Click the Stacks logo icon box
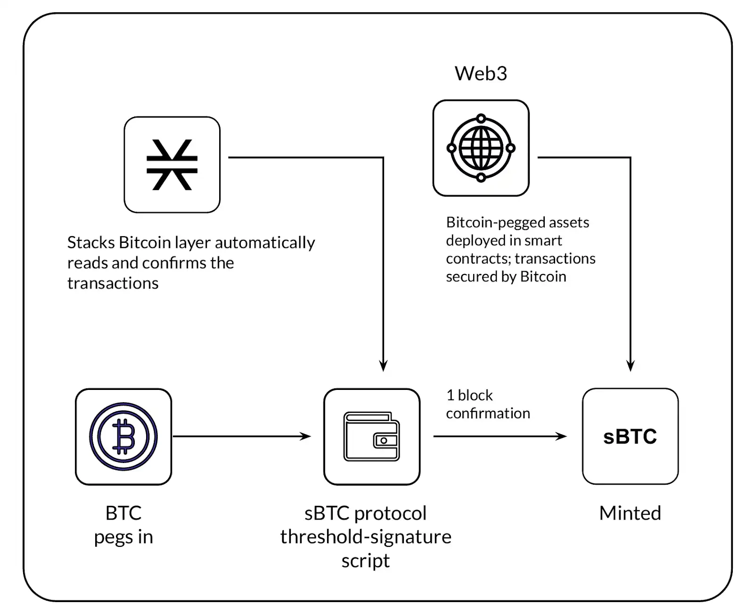(172, 165)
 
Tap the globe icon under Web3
(481, 148)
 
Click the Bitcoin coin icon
(123, 436)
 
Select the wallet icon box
(372, 436)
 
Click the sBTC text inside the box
(630, 437)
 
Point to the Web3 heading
(481, 74)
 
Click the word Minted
(630, 513)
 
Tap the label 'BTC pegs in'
(123, 524)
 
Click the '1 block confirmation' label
(488, 404)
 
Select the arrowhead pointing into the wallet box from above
(383, 365)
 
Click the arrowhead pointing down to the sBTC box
(631, 365)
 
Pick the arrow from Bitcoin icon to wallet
(241, 437)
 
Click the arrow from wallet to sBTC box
(500, 437)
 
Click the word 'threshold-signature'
(366, 537)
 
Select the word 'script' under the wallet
(366, 561)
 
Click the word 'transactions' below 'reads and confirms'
(113, 283)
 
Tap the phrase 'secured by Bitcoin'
(506, 276)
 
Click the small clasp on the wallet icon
(384, 440)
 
